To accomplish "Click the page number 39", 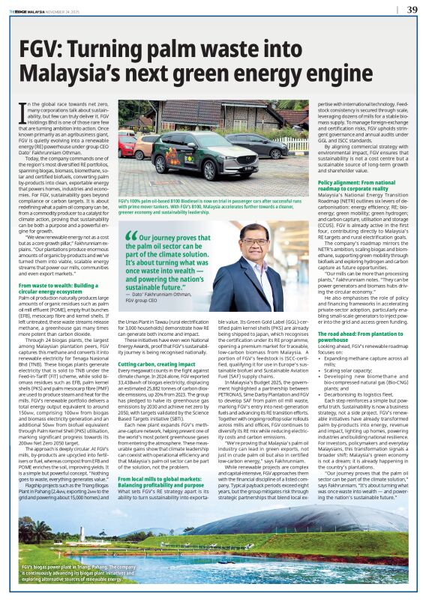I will (x=412, y=10).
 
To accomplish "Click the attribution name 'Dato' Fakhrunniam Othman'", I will (x=164, y=301).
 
